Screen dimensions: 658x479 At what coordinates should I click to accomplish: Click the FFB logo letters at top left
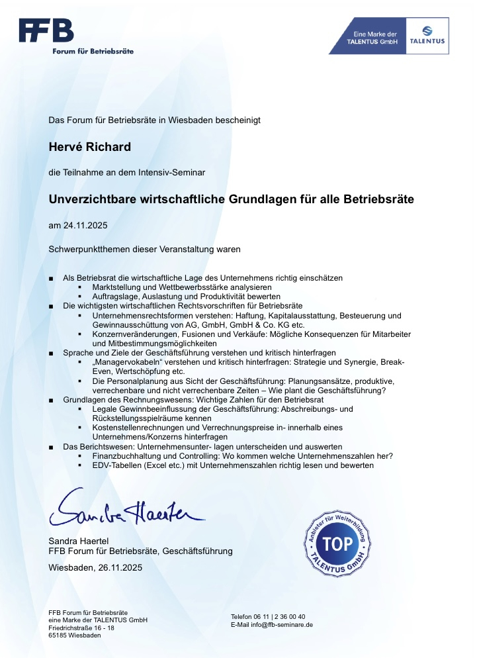click(46, 30)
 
